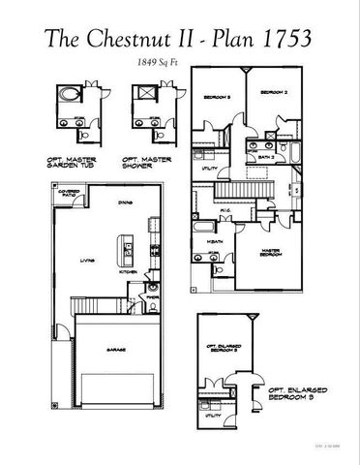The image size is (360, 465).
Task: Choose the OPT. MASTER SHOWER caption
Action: [x=143, y=163]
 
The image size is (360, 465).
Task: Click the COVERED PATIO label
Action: [x=69, y=193]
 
